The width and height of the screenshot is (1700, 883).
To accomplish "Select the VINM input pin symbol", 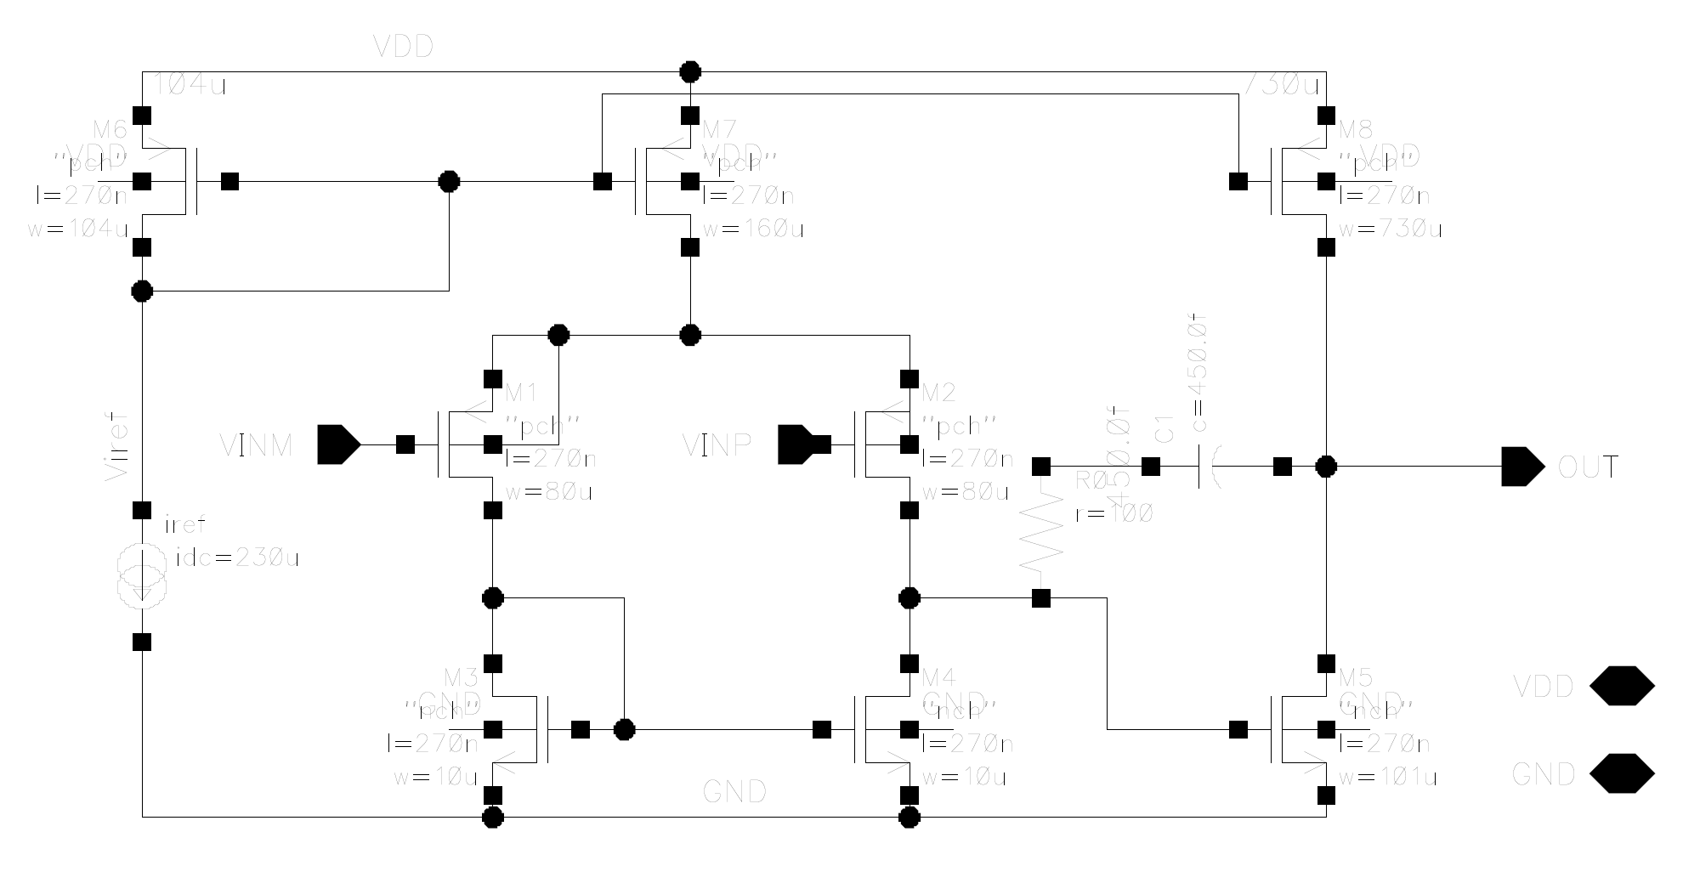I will point(338,444).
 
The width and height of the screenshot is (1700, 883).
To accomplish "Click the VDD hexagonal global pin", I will point(1622,686).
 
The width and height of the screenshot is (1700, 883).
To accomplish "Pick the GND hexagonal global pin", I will point(1622,774).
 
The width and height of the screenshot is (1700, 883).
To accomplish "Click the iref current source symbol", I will point(142,576).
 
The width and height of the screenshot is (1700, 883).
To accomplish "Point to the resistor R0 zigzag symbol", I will point(1040,532).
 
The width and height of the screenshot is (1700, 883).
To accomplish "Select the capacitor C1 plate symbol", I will point(1207,467).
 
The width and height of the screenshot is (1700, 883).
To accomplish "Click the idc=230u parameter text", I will point(237,558).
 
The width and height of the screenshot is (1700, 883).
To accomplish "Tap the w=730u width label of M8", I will point(1389,229).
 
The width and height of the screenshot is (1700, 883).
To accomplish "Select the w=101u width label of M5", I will point(1387,778).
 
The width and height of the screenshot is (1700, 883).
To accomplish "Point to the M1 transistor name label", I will point(521,393).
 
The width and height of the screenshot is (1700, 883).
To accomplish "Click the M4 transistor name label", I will point(938,677).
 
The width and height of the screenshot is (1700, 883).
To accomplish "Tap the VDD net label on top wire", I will point(403,47).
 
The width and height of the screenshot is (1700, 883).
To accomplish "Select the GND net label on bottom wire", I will point(734,792).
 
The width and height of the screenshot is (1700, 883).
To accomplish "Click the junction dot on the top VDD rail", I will point(690,71).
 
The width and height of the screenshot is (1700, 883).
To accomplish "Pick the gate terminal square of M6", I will point(229,181).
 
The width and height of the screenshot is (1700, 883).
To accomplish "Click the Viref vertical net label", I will point(116,447).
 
